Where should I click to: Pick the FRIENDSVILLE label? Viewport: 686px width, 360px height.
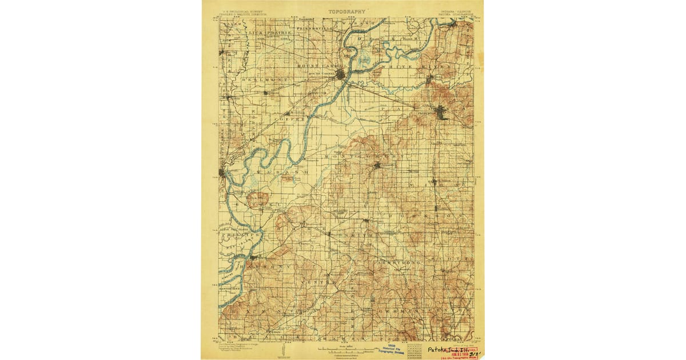[314, 27]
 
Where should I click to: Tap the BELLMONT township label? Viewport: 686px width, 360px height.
[264, 79]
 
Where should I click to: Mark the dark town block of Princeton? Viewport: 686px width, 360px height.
[441, 113]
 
